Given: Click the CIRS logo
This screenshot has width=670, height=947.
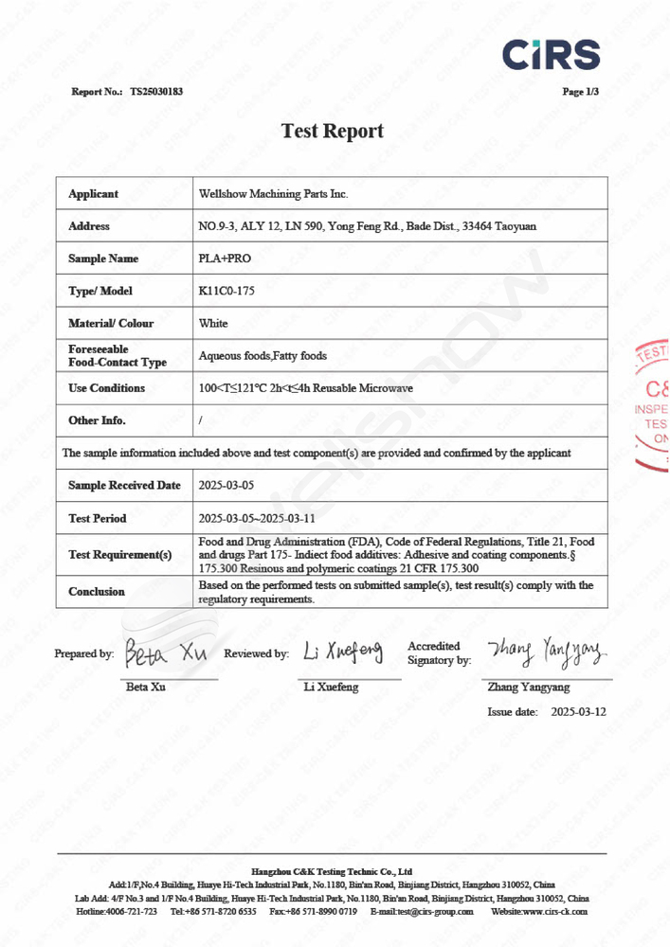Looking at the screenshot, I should pyautogui.click(x=551, y=54).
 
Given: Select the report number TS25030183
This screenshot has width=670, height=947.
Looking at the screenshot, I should pyautogui.click(x=156, y=92).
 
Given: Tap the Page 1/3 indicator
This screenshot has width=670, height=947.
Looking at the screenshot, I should pyautogui.click(x=580, y=92).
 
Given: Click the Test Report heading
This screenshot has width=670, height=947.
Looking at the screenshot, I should pyautogui.click(x=333, y=131).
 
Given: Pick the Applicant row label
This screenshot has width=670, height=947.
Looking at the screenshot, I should pyautogui.click(x=93, y=194).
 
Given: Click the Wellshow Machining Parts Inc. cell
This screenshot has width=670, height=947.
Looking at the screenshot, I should pyautogui.click(x=274, y=194).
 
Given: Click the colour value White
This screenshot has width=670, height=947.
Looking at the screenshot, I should pyautogui.click(x=213, y=323).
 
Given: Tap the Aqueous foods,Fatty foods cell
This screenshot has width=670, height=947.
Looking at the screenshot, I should pyautogui.click(x=263, y=356).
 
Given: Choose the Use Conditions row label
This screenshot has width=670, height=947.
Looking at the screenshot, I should pyautogui.click(x=106, y=388).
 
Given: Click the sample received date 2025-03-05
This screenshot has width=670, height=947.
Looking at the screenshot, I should pyautogui.click(x=226, y=485).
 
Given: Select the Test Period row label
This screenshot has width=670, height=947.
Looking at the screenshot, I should pyautogui.click(x=97, y=518).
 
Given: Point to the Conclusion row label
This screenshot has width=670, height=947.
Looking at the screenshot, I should pyautogui.click(x=97, y=591).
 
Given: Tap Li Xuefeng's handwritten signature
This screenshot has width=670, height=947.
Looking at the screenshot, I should pyautogui.click(x=342, y=652).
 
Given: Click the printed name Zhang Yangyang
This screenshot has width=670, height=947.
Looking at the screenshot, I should pyautogui.click(x=528, y=687).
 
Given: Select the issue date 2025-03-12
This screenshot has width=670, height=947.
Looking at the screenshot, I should pyautogui.click(x=578, y=710).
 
